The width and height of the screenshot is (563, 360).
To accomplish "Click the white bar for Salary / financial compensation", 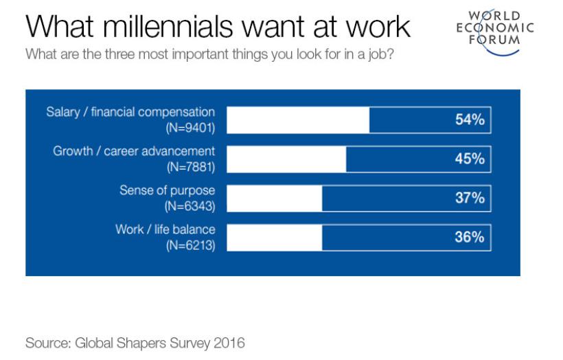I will click(x=297, y=120).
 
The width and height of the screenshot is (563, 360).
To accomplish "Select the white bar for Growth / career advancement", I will click(x=286, y=159).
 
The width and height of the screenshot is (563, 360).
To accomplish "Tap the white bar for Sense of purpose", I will click(x=274, y=198).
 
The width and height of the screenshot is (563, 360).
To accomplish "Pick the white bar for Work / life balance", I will click(x=274, y=237).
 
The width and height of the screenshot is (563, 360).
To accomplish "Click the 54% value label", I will click(x=470, y=120).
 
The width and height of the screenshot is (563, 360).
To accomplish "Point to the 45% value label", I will click(x=470, y=159).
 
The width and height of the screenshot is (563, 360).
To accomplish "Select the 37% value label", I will click(x=470, y=198).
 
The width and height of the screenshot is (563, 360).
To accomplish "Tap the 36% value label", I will click(x=470, y=237).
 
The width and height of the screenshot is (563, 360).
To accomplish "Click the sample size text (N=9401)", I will click(x=190, y=127).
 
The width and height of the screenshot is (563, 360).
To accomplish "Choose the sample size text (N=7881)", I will click(x=190, y=166).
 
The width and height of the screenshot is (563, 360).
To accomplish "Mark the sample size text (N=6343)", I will click(x=190, y=205).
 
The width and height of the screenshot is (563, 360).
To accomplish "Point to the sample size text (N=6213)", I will click(x=190, y=245).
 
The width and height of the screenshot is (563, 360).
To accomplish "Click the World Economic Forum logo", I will click(x=494, y=27).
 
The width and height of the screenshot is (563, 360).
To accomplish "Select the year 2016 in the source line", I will click(x=230, y=342).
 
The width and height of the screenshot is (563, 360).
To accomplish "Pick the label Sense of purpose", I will click(x=167, y=190).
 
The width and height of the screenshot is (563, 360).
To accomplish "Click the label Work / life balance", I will click(x=165, y=229).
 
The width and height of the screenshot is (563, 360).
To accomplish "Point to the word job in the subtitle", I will click(x=378, y=54).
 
